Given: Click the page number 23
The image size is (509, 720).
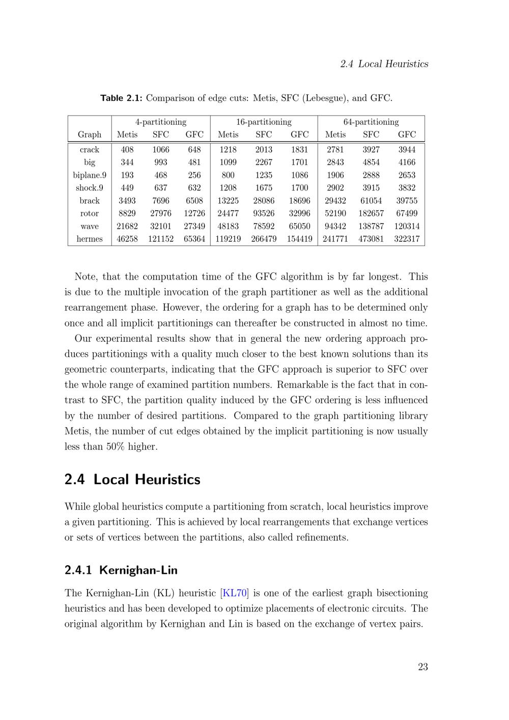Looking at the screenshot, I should click(422, 667).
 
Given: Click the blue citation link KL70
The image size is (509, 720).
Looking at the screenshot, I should click(235, 593).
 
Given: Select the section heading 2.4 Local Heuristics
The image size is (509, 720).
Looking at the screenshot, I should click(132, 480).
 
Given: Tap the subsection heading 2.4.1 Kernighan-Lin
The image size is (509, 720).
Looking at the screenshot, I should click(121, 570).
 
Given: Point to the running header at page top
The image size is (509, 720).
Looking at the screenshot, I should click(384, 64).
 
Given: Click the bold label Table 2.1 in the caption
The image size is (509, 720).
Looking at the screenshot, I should click(121, 98).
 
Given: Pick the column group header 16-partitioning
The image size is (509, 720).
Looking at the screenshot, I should click(264, 122).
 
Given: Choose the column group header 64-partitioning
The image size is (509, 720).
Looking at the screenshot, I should click(371, 122).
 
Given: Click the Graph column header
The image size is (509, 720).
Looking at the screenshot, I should click(90, 135).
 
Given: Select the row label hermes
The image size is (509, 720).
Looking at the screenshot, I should click(90, 239).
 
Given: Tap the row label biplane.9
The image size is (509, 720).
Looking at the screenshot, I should click(90, 175).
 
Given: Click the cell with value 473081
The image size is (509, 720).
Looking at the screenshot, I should click(371, 239).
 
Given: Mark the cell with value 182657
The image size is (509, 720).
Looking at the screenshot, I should click(371, 214).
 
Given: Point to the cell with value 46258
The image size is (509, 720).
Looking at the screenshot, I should click(127, 239).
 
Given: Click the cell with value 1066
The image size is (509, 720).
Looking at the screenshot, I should click(161, 150).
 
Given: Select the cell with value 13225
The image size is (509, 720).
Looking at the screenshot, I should click(228, 201).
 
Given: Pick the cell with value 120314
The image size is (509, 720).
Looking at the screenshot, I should click(407, 227).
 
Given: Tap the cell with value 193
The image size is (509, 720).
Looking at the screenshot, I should click(127, 175).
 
